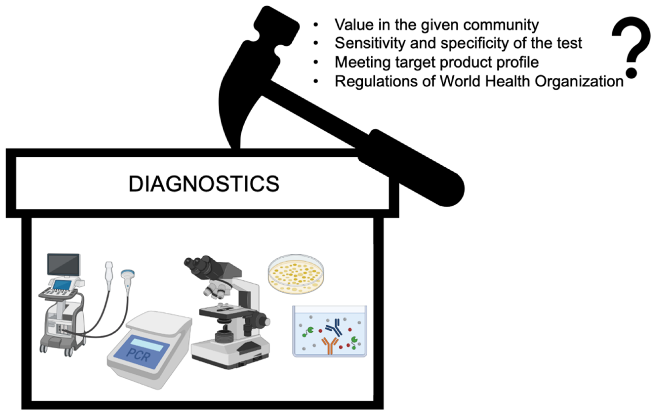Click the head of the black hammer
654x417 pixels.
click(x=276, y=27)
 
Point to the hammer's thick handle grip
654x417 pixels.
click(x=415, y=166)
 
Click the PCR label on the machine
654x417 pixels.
click(x=138, y=355)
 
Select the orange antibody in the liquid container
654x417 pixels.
click(x=330, y=345)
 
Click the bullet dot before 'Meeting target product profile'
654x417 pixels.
click(x=316, y=62)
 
